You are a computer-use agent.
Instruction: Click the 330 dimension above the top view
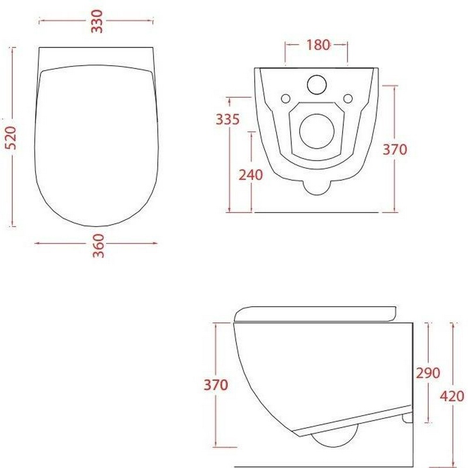97,21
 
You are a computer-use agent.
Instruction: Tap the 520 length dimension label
11,137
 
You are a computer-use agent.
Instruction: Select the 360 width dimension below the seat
98,246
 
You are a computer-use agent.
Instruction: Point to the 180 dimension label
318,45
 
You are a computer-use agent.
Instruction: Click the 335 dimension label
228,119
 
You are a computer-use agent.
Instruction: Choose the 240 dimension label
251,175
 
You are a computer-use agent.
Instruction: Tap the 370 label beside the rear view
395,149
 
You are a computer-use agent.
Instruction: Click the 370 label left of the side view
216,385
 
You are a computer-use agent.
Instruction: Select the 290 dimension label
428,373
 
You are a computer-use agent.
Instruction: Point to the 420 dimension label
452,397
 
